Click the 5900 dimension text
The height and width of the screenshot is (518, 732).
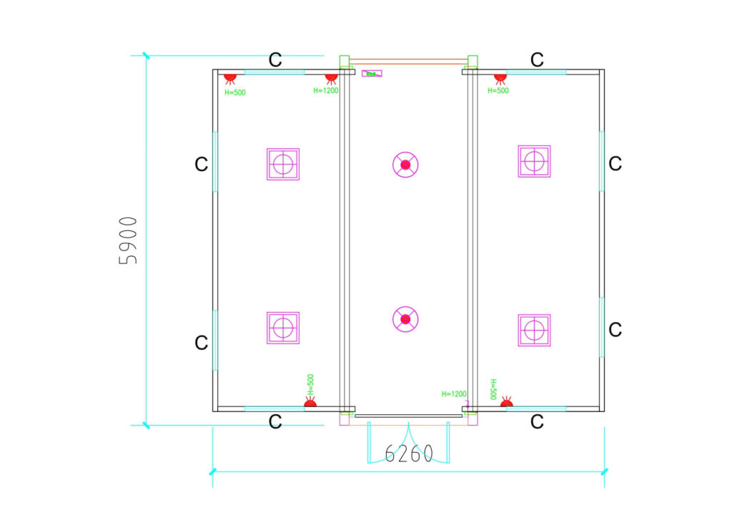point(129,240)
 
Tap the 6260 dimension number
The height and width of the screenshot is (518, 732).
point(409,454)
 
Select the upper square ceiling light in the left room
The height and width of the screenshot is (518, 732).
point(283,164)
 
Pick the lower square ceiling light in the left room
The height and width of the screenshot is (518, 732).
point(283,328)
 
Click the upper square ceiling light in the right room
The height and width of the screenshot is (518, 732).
point(534,161)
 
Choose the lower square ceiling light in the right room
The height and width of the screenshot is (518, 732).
point(534,330)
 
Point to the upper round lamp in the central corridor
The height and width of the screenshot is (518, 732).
point(405,165)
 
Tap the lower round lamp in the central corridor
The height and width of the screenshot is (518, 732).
point(405,319)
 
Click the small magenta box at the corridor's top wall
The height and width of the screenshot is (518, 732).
point(372,74)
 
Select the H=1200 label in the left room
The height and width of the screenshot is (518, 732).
point(326,91)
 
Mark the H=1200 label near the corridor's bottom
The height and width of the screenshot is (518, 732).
point(454,394)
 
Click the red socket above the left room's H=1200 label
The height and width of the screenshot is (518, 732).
point(331,77)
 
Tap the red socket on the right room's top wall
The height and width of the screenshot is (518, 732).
point(500,77)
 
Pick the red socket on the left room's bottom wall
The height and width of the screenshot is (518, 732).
point(310,404)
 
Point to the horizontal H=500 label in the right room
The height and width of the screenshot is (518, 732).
point(498,91)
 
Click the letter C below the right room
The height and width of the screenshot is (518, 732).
point(538,422)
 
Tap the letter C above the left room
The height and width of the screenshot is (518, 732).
point(275,60)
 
